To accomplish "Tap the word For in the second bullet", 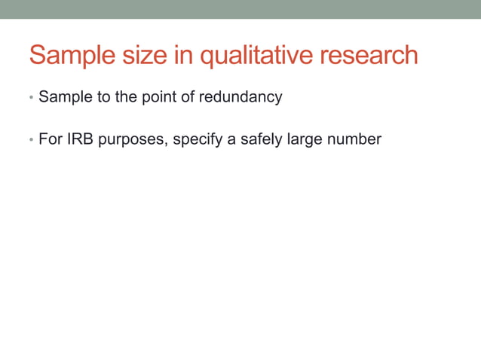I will point(49,139).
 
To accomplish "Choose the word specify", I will point(198,139).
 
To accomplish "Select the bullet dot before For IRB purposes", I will point(31,141).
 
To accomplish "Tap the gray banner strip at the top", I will point(240,9).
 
